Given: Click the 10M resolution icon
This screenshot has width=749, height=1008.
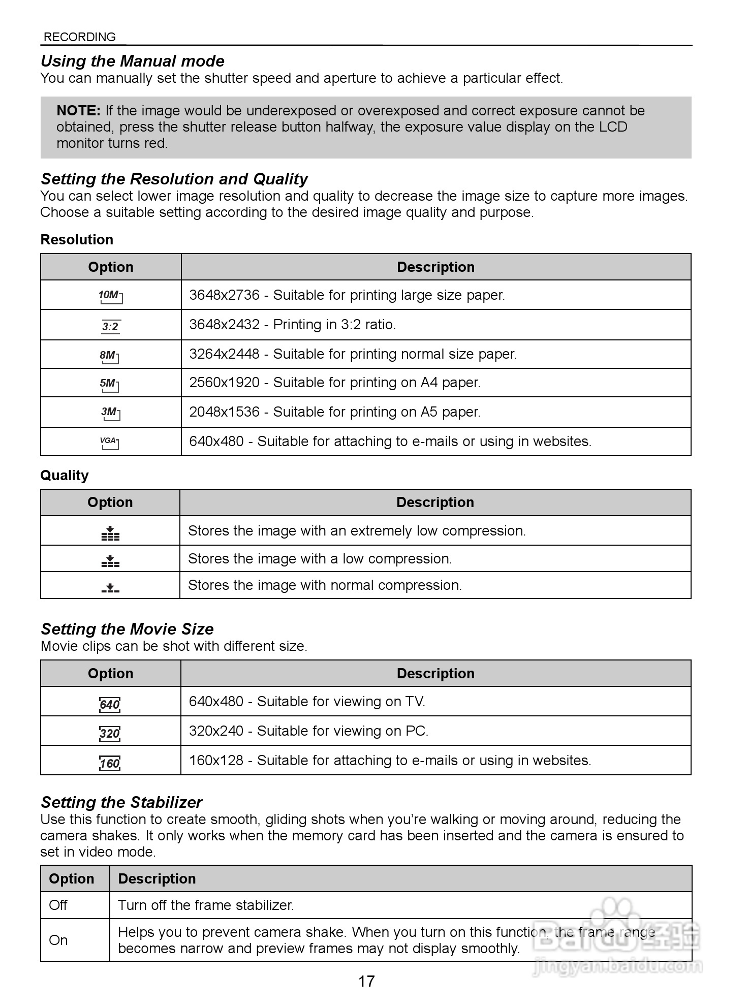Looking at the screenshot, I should click(x=110, y=296).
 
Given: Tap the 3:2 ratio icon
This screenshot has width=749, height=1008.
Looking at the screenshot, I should click(x=110, y=326).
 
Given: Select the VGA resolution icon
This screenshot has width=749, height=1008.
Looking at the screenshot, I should click(x=110, y=443).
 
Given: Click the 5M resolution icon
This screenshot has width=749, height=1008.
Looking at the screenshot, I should click(x=109, y=384).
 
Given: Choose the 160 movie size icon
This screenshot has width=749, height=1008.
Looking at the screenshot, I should click(x=110, y=763).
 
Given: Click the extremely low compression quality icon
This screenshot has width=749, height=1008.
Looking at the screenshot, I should click(x=110, y=533).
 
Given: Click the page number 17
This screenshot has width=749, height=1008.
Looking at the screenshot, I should click(x=366, y=981).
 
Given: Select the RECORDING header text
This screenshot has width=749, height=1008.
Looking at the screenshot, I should click(x=80, y=37).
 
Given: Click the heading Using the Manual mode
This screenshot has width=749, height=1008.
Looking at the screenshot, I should click(x=132, y=61).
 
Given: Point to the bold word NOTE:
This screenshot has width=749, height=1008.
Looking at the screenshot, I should click(x=79, y=111).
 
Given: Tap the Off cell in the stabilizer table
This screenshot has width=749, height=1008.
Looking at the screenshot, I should click(x=58, y=905).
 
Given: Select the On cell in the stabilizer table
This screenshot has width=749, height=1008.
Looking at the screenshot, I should click(x=58, y=940).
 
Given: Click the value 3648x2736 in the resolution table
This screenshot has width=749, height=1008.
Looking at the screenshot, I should click(x=224, y=295).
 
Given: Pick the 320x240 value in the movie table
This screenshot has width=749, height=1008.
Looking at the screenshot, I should click(x=216, y=731).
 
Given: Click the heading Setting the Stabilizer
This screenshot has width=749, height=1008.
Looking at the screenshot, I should click(x=121, y=802).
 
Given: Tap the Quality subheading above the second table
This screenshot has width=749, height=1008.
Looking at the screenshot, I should click(x=65, y=475).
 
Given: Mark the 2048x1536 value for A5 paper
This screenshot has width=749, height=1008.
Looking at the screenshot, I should click(x=224, y=412).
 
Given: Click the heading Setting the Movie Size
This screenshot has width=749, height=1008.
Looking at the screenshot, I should click(x=127, y=629).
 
